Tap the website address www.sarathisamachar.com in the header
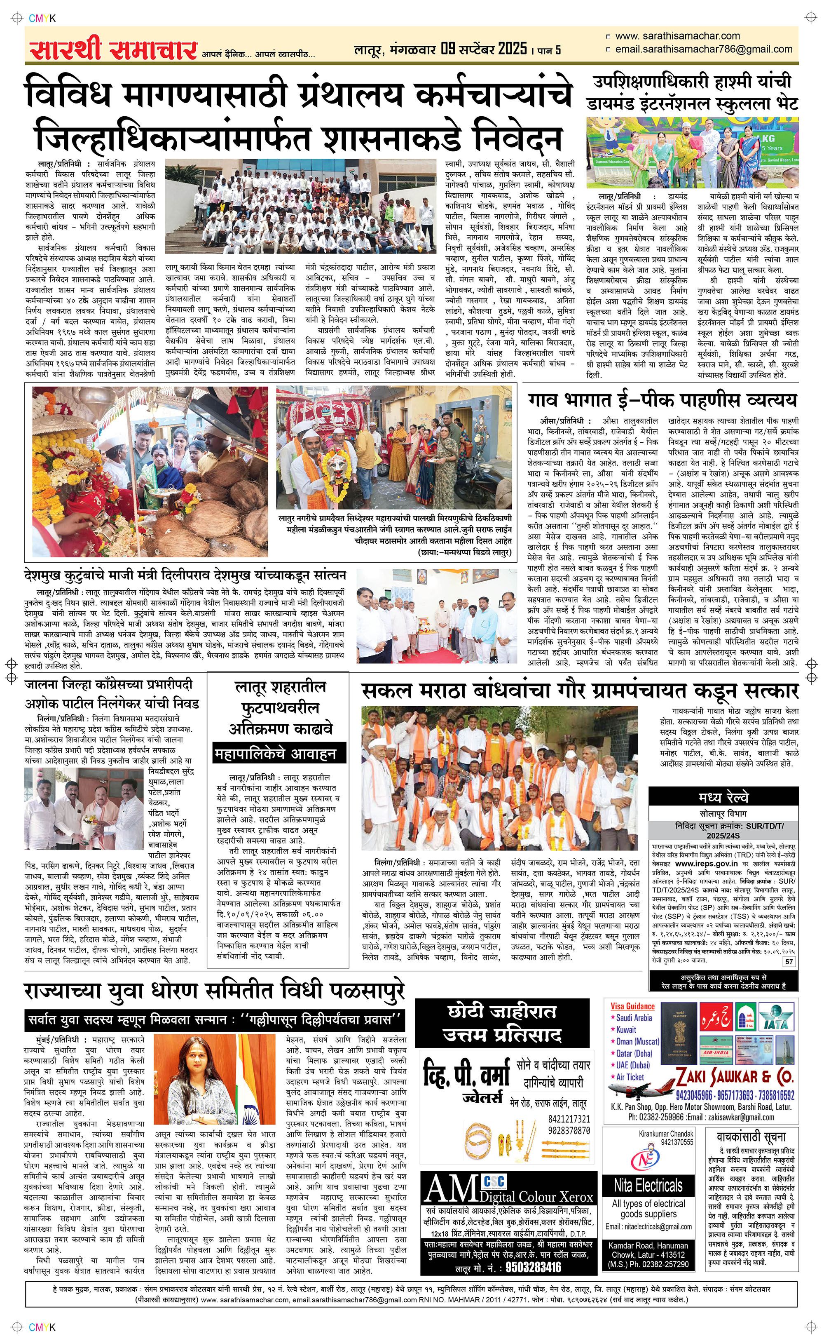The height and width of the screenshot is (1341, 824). click(x=677, y=36)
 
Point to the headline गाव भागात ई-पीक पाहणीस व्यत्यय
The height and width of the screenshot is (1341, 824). click(x=662, y=400)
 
